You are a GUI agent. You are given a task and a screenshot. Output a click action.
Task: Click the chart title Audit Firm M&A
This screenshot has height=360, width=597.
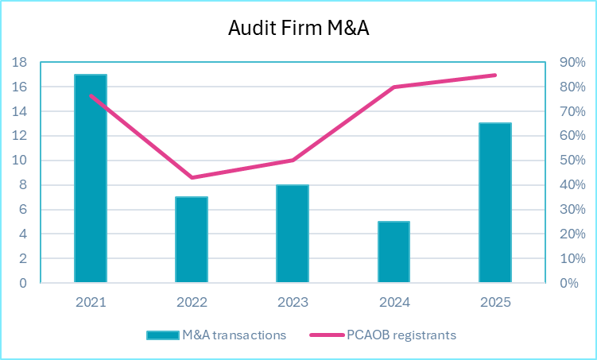tap(299, 28)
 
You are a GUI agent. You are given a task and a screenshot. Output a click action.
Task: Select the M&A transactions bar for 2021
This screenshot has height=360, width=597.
tap(91, 179)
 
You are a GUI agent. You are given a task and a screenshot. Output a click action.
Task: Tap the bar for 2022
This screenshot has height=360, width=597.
tap(192, 240)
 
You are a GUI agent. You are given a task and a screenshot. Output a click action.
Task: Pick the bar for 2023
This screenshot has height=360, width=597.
tap(293, 234)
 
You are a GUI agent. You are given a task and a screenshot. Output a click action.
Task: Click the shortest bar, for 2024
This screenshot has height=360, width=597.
tap(393, 252)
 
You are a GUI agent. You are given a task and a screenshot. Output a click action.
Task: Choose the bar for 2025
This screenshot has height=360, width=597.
tap(494, 203)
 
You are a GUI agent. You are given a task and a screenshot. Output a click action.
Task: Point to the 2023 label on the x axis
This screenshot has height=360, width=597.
tap(293, 302)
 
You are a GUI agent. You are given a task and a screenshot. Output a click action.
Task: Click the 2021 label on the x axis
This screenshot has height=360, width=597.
tap(91, 302)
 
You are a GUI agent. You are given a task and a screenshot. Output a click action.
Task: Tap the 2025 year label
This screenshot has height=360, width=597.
tap(494, 302)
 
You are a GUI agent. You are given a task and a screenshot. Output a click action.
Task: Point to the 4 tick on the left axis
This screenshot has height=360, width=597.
tap(23, 234)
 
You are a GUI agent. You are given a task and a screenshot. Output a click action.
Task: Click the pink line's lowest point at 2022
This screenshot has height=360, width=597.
tap(192, 177)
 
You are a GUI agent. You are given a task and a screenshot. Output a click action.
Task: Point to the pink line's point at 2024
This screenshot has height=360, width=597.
tap(393, 87)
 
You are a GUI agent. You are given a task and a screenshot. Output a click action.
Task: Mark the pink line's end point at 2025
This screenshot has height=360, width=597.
tap(494, 75)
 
